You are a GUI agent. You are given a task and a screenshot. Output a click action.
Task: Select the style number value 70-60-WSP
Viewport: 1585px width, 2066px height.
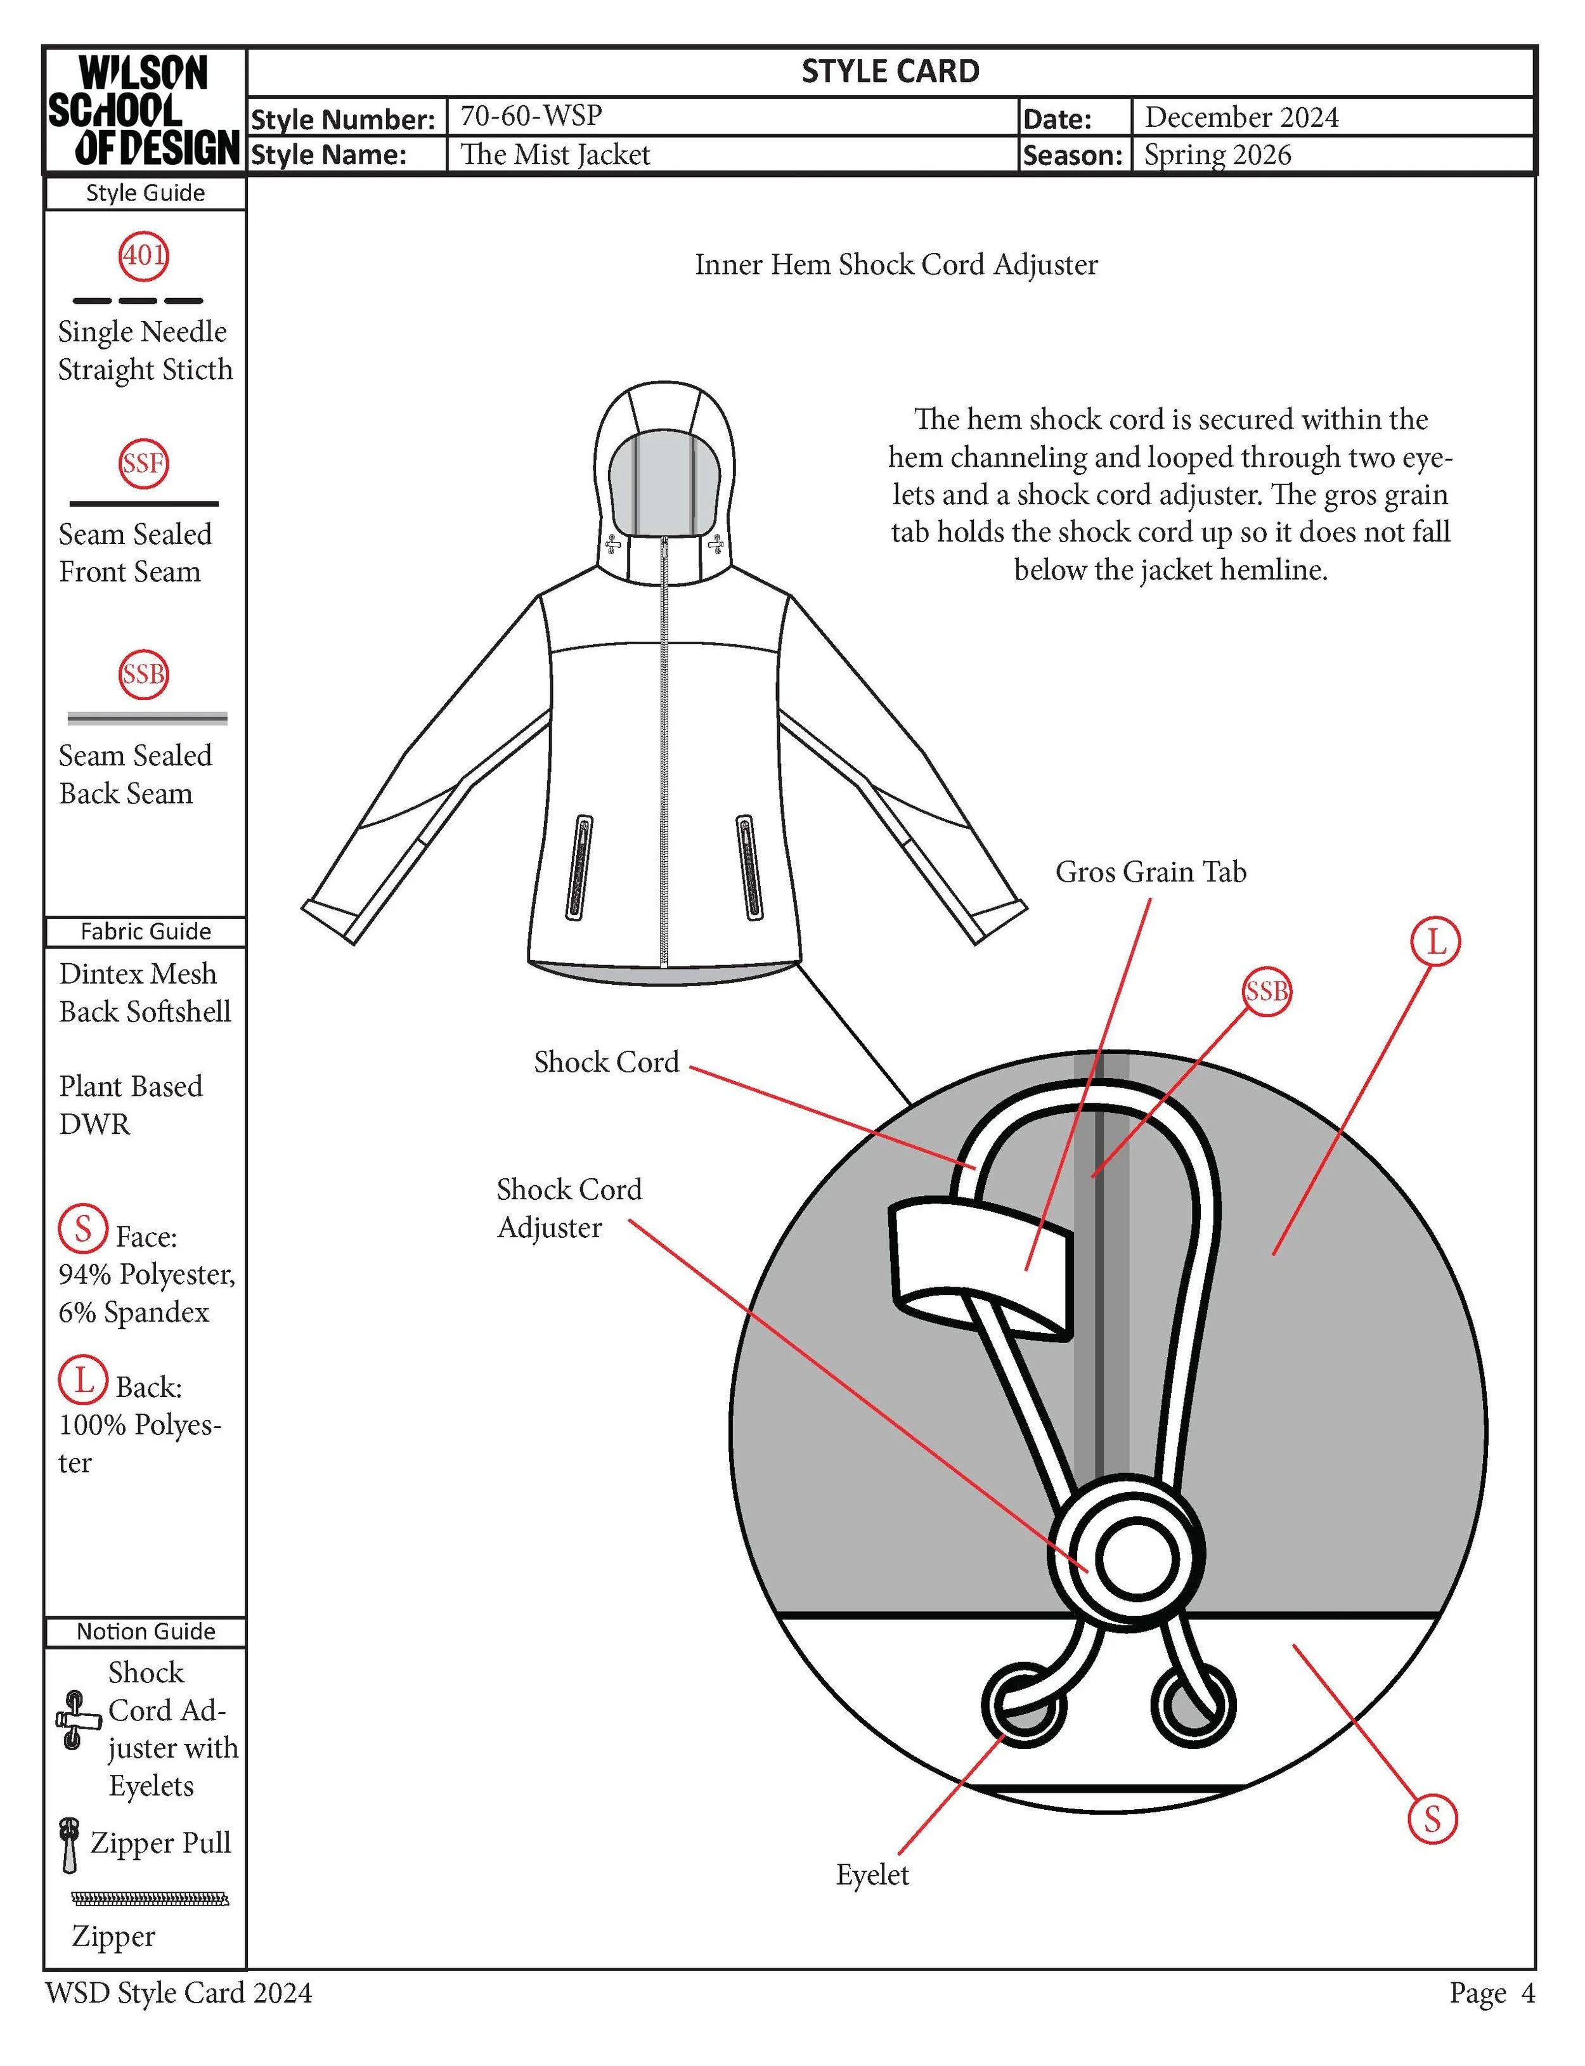[x=531, y=116]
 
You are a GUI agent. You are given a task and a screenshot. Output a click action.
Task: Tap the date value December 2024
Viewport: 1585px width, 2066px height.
[x=1241, y=117]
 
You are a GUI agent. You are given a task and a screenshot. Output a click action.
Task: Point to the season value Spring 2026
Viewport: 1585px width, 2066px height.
[x=1217, y=155]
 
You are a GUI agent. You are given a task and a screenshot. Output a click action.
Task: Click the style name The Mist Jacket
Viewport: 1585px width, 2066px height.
[x=555, y=155]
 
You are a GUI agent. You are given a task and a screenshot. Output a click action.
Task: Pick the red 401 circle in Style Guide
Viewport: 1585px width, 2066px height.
[x=143, y=255]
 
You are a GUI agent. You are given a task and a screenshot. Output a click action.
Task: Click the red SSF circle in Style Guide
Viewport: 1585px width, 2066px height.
[x=143, y=463]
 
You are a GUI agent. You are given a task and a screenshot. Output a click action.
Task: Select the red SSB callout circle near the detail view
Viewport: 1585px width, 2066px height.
[x=1266, y=992]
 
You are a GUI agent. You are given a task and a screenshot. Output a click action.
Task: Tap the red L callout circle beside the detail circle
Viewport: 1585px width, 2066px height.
[x=1435, y=942]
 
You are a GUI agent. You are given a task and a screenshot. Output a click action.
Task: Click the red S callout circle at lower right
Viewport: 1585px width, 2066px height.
[x=1432, y=1820]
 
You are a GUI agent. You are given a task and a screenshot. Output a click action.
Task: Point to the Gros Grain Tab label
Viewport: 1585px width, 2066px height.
[x=1150, y=872]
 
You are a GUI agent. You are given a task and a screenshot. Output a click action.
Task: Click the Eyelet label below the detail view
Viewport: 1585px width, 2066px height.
[x=872, y=1874]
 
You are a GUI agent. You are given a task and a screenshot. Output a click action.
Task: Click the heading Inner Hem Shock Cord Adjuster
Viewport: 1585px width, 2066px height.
[x=896, y=265]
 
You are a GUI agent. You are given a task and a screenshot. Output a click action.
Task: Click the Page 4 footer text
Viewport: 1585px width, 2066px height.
[x=1492, y=1993]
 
